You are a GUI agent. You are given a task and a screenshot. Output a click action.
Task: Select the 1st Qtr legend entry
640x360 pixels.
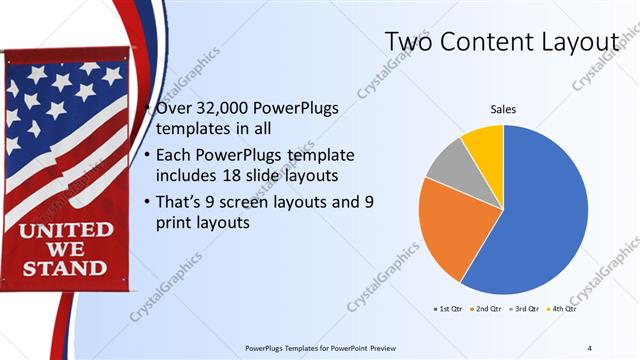click(x=446, y=310)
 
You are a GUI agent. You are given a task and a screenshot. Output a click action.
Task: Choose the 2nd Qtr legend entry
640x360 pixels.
click(x=486, y=310)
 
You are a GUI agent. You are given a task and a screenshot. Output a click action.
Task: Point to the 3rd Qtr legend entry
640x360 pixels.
click(x=526, y=310)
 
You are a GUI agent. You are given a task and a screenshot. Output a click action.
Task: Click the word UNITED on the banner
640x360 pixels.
click(x=68, y=230)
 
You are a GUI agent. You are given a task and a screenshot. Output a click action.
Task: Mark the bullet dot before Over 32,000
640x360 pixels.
click(x=147, y=107)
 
